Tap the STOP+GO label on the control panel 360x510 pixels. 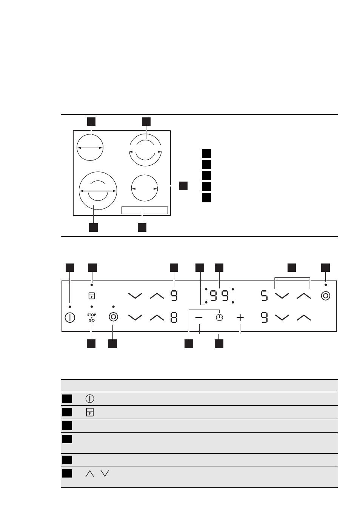click(91, 317)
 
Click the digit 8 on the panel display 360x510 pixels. click(174, 317)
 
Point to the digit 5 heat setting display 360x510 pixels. click(264, 296)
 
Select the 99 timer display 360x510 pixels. click(219, 296)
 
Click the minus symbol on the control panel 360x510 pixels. click(198, 317)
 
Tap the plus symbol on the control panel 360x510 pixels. click(240, 317)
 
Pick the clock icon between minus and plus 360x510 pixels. click(219, 317)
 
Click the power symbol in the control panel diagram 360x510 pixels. click(70, 317)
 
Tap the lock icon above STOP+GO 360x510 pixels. click(91, 296)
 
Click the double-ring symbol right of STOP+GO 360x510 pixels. click(113, 317)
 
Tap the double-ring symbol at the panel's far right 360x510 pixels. click(326, 296)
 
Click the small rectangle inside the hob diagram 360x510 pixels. click(145, 210)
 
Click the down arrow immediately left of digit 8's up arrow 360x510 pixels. click(135, 317)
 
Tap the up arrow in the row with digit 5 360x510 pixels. click(304, 296)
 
